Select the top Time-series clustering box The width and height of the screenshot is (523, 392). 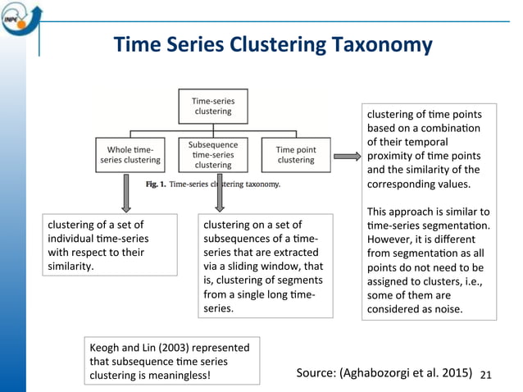point(213,106)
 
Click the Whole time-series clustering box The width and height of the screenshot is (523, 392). point(130,154)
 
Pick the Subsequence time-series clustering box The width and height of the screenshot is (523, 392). point(213,154)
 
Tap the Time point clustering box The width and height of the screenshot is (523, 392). point(295,154)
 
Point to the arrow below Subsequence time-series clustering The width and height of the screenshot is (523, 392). point(219,194)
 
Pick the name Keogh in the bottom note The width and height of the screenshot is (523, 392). point(107,348)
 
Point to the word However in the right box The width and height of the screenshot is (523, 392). point(392,239)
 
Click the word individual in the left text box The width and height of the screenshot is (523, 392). point(74,239)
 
